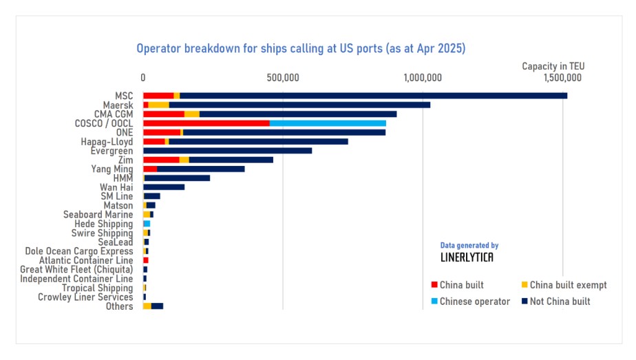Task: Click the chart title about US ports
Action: click(301, 49)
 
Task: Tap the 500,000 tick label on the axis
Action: click(282, 78)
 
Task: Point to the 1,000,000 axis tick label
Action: click(423, 78)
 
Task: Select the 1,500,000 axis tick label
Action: click(563, 78)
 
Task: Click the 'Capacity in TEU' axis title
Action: click(553, 65)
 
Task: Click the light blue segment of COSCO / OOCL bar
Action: click(328, 123)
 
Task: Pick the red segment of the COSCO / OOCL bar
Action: click(206, 123)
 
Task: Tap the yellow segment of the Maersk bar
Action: click(158, 105)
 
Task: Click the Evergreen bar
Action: click(227, 150)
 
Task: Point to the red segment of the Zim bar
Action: click(160, 160)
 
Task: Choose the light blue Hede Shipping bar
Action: click(147, 224)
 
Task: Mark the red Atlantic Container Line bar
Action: click(146, 260)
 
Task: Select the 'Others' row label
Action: click(119, 306)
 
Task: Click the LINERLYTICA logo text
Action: click(466, 257)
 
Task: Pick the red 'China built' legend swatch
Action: click(434, 285)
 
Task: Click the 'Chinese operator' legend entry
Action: click(474, 301)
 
